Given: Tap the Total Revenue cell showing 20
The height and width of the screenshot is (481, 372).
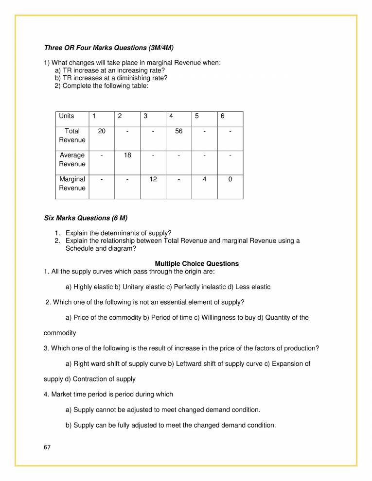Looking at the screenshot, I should [102, 131].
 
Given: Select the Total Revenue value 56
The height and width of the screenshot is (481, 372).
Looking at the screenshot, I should [178, 131].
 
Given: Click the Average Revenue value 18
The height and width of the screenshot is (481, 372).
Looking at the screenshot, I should [127, 155].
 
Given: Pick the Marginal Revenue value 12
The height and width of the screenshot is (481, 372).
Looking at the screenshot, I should [153, 179].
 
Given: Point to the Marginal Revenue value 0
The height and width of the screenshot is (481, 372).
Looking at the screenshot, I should [230, 179].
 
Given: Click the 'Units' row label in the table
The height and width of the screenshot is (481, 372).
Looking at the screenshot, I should [67, 116].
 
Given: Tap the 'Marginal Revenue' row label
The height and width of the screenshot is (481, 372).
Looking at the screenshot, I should [72, 184].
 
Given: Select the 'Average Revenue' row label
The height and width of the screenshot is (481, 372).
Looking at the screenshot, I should [72, 160].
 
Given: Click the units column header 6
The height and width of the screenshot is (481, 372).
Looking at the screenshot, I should [222, 116].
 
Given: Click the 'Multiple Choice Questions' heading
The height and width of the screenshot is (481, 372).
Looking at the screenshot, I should [196, 264].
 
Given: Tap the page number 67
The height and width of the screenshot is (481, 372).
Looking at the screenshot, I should [47, 447].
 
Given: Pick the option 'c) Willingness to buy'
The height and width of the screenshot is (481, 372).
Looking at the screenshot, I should [218, 317].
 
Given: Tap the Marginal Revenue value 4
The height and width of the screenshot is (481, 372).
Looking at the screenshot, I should [204, 179].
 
